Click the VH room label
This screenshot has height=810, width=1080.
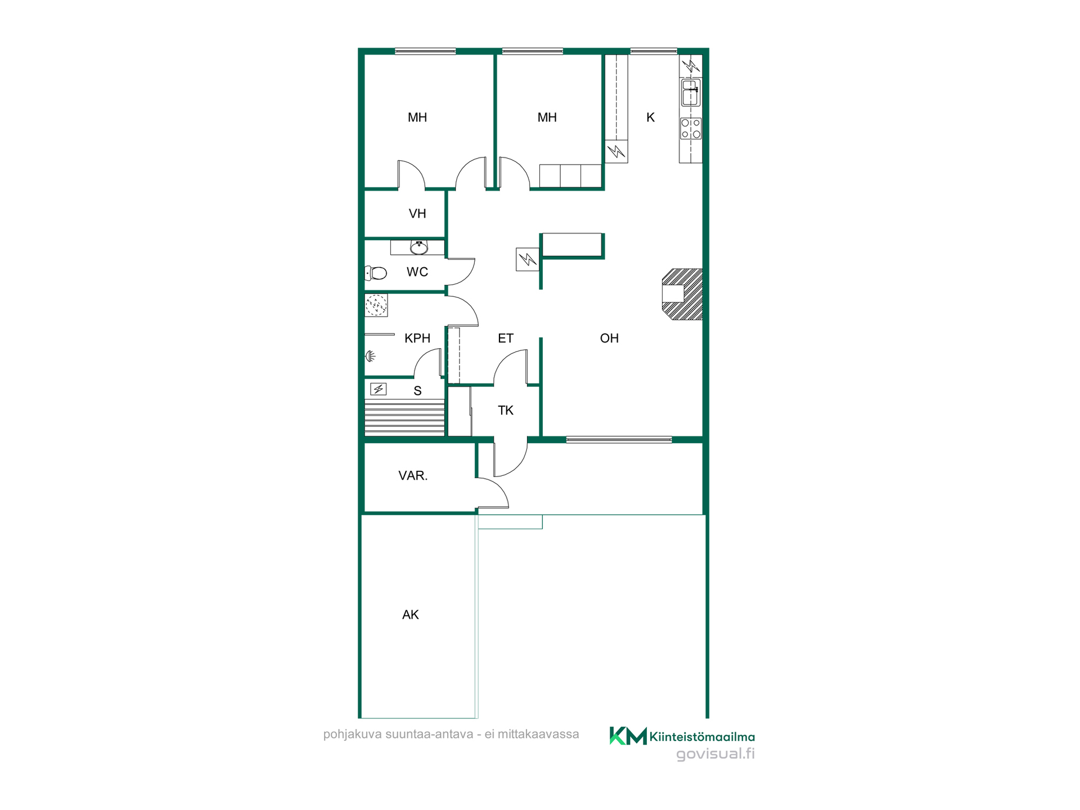(x=417, y=214)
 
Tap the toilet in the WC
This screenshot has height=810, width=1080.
(x=376, y=273)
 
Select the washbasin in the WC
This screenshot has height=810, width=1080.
(x=419, y=247)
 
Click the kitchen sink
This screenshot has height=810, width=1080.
(x=691, y=93)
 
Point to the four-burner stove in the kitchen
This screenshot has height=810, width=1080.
(x=691, y=128)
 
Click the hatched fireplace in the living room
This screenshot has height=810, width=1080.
(x=682, y=294)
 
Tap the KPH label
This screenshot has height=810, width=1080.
(x=417, y=338)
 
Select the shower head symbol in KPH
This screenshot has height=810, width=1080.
(x=371, y=355)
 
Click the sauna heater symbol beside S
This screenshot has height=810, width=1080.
(x=379, y=389)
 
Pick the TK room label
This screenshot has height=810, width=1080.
(x=506, y=411)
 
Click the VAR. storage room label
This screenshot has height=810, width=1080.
(x=413, y=476)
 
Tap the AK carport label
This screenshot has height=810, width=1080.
(x=411, y=615)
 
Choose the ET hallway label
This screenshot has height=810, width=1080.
(x=506, y=338)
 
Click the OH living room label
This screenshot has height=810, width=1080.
(x=609, y=338)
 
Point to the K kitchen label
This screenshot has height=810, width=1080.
(x=651, y=118)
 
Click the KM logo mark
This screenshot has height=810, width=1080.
(x=628, y=736)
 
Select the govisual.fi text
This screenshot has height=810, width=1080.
(x=715, y=754)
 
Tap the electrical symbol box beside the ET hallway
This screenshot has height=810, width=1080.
(x=527, y=260)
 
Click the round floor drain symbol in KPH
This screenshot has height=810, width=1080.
(x=376, y=305)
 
